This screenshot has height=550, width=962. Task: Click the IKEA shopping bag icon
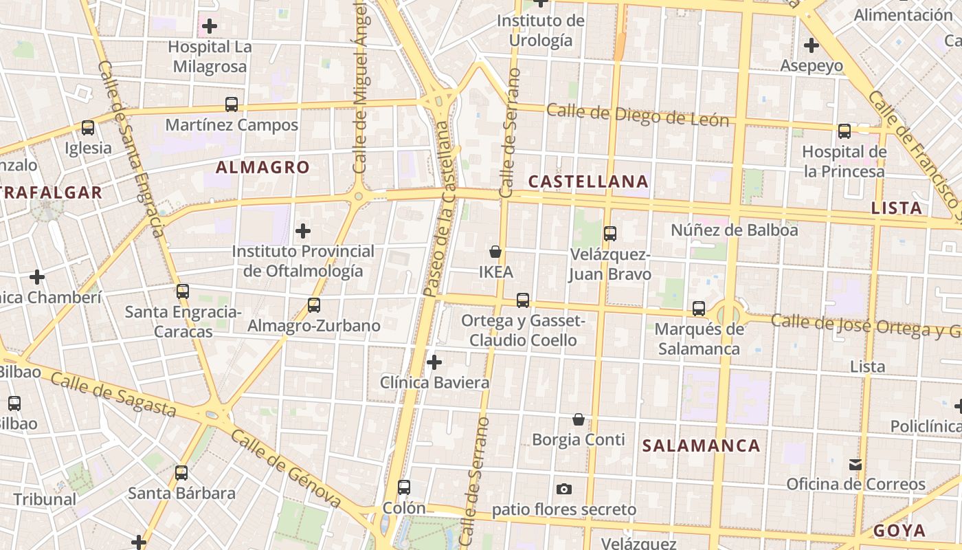pos(495,252)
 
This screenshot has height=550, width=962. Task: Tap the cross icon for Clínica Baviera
pos(434,362)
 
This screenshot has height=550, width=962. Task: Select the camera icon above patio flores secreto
pos(564,489)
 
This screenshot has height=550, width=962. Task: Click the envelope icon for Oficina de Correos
pos(855,464)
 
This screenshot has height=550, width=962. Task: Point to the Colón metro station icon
pos(404,487)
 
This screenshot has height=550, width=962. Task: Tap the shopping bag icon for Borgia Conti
pos(579,419)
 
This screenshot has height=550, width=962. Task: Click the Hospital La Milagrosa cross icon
pos(210,27)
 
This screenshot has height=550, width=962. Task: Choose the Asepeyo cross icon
pos(812,46)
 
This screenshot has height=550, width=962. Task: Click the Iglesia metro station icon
pos(88,128)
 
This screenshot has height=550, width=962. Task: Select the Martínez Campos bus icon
pos(232,104)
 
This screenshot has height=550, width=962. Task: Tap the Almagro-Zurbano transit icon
pos(314,305)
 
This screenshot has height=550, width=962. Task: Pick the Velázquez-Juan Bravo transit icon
pos(609,234)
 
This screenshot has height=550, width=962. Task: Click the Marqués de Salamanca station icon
pos(699,309)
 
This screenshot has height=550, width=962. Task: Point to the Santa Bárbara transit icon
pos(181,473)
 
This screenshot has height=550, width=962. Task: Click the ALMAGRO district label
pos(262,167)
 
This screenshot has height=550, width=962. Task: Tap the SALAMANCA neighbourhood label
pos(701,445)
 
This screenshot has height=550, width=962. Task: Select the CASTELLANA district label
pos(588,181)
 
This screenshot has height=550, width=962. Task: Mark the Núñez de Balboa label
pos(735,230)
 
